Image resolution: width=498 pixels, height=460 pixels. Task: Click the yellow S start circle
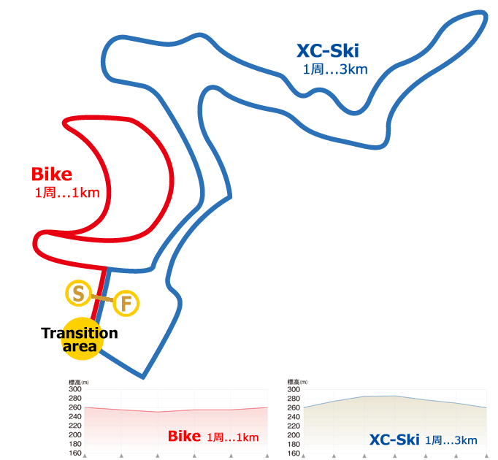(x=77, y=294)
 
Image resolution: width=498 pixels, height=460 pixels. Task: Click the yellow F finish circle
(x=126, y=303)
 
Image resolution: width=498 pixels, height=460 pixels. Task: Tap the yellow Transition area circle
(x=80, y=339)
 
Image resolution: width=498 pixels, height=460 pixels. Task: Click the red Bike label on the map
(x=52, y=175)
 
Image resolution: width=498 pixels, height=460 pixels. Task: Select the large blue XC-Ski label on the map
(x=328, y=51)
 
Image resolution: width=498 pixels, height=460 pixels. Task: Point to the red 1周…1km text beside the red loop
(x=66, y=193)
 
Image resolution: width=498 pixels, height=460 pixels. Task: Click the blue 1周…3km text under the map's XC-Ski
(x=335, y=69)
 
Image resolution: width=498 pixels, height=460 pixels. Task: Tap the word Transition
(x=80, y=333)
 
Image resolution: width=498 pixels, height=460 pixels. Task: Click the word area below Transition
(x=80, y=347)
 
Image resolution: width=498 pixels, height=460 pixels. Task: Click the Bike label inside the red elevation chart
(x=184, y=436)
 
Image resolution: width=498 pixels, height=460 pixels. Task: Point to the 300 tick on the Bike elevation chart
(x=74, y=389)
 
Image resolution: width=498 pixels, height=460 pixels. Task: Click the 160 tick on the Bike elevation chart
(x=74, y=453)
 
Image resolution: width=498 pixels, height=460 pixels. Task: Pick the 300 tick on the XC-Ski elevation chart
(x=294, y=389)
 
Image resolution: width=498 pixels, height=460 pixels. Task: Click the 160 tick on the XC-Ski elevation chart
(x=294, y=453)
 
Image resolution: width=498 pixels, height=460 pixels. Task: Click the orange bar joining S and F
(x=101, y=298)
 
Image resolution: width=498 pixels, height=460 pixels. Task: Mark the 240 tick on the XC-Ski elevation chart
(x=294, y=417)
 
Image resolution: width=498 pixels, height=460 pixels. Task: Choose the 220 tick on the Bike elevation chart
(x=74, y=426)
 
